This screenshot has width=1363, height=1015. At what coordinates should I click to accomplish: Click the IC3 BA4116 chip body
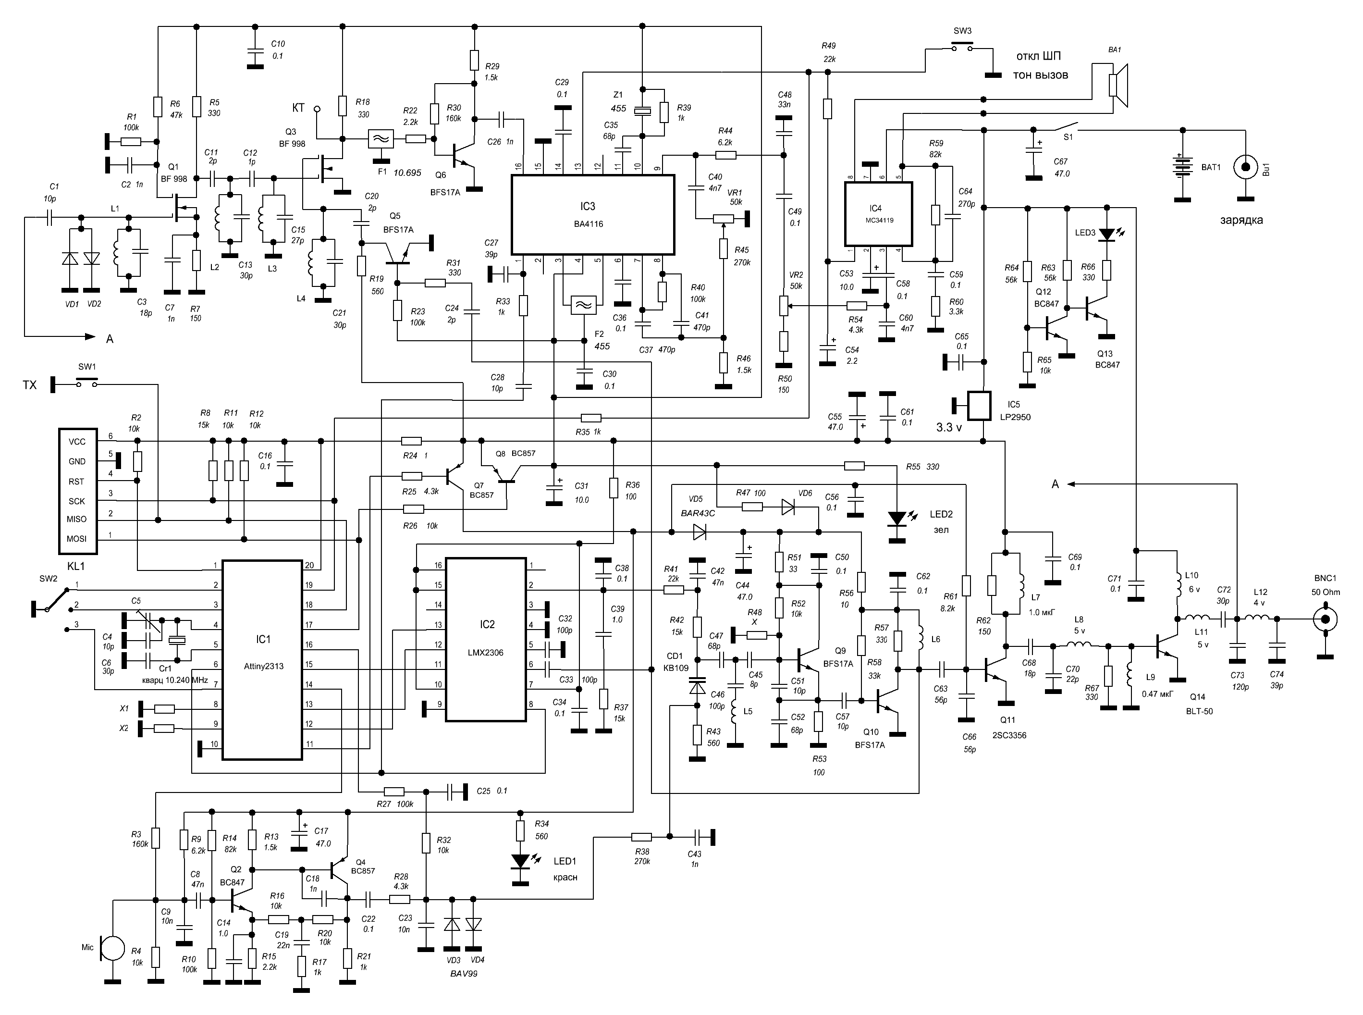pos(593,214)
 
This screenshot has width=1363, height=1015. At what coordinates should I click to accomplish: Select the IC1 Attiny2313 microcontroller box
pos(262,660)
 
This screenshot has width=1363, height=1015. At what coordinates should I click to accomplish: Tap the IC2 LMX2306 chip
pos(486,639)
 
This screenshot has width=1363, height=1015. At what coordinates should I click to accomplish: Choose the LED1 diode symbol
pos(520,861)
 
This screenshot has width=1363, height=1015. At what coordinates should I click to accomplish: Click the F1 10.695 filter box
pos(381,139)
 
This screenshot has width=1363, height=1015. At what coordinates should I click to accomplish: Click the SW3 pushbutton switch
pos(962,47)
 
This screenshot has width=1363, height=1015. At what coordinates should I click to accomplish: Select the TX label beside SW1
pos(29,385)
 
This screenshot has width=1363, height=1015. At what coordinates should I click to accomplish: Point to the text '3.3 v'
pos(948,428)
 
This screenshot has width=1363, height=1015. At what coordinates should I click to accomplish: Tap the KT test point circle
pos(317,110)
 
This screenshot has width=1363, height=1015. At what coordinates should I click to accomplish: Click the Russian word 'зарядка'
pos(1241,221)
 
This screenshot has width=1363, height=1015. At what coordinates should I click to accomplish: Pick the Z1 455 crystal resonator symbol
pos(642,111)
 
